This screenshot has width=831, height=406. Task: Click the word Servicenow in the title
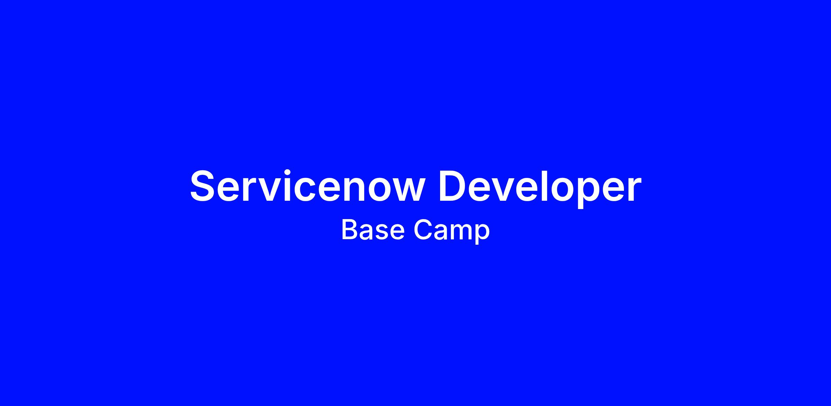(307, 186)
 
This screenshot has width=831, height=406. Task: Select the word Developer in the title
(540, 189)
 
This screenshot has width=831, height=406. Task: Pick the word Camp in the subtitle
(452, 232)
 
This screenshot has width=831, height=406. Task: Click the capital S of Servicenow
(203, 186)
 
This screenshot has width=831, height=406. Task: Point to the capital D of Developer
(453, 186)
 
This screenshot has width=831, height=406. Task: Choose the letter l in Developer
(533, 186)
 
